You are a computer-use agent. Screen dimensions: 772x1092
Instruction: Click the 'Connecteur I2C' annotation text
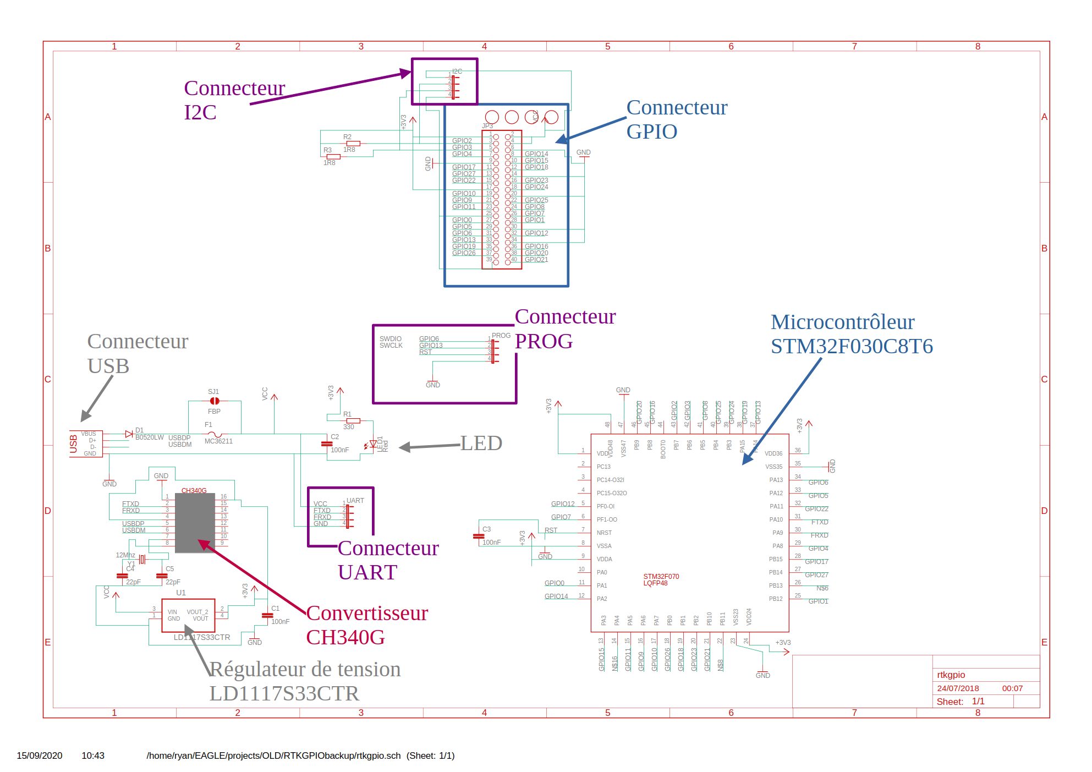click(x=234, y=100)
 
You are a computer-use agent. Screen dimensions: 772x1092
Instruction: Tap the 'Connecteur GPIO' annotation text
click(x=676, y=119)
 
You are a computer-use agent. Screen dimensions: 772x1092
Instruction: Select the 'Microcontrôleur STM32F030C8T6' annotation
click(x=851, y=334)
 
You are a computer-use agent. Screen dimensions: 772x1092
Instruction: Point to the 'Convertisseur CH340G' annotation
click(x=366, y=625)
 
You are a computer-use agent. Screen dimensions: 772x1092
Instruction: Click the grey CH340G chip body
click(x=195, y=523)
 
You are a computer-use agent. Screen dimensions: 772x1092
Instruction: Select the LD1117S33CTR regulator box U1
click(x=188, y=615)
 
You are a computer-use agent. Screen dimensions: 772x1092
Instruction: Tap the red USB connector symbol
click(x=86, y=444)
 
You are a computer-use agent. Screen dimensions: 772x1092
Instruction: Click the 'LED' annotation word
click(x=481, y=443)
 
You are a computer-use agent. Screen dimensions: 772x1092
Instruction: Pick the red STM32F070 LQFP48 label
click(x=661, y=580)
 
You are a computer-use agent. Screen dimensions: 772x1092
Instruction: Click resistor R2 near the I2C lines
click(x=353, y=144)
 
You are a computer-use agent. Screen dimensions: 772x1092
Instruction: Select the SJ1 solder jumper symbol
click(x=215, y=401)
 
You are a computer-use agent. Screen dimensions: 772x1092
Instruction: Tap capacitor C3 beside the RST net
click(x=479, y=536)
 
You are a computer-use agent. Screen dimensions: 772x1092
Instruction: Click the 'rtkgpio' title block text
click(x=951, y=675)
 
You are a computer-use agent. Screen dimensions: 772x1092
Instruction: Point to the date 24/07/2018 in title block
click(x=958, y=688)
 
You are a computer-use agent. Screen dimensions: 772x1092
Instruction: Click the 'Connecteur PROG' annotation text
click(x=564, y=329)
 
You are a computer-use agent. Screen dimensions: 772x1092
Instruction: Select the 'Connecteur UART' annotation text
click(x=388, y=560)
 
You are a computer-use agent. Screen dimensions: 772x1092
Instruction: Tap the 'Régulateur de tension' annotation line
click(x=305, y=669)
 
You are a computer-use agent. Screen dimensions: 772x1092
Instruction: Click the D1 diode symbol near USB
click(x=129, y=434)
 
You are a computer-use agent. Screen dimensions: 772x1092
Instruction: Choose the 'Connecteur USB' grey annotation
click(x=137, y=353)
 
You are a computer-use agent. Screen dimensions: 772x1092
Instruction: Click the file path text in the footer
click(x=273, y=755)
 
